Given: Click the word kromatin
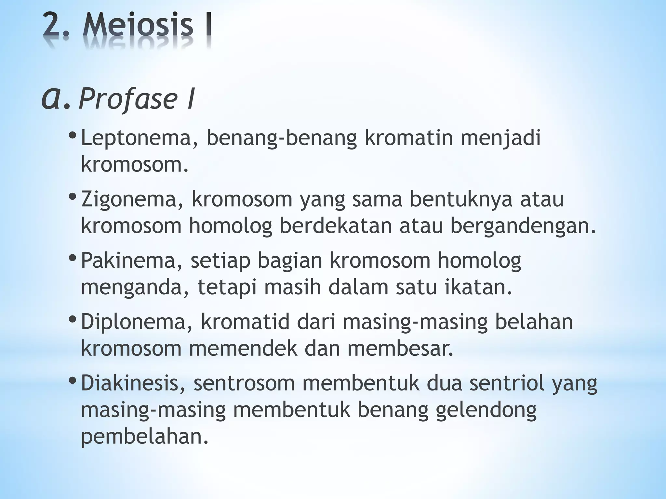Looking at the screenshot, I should (408, 137).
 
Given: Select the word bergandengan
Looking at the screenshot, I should (523, 226).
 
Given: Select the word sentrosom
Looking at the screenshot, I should (244, 383).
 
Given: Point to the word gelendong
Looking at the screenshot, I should (486, 411).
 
